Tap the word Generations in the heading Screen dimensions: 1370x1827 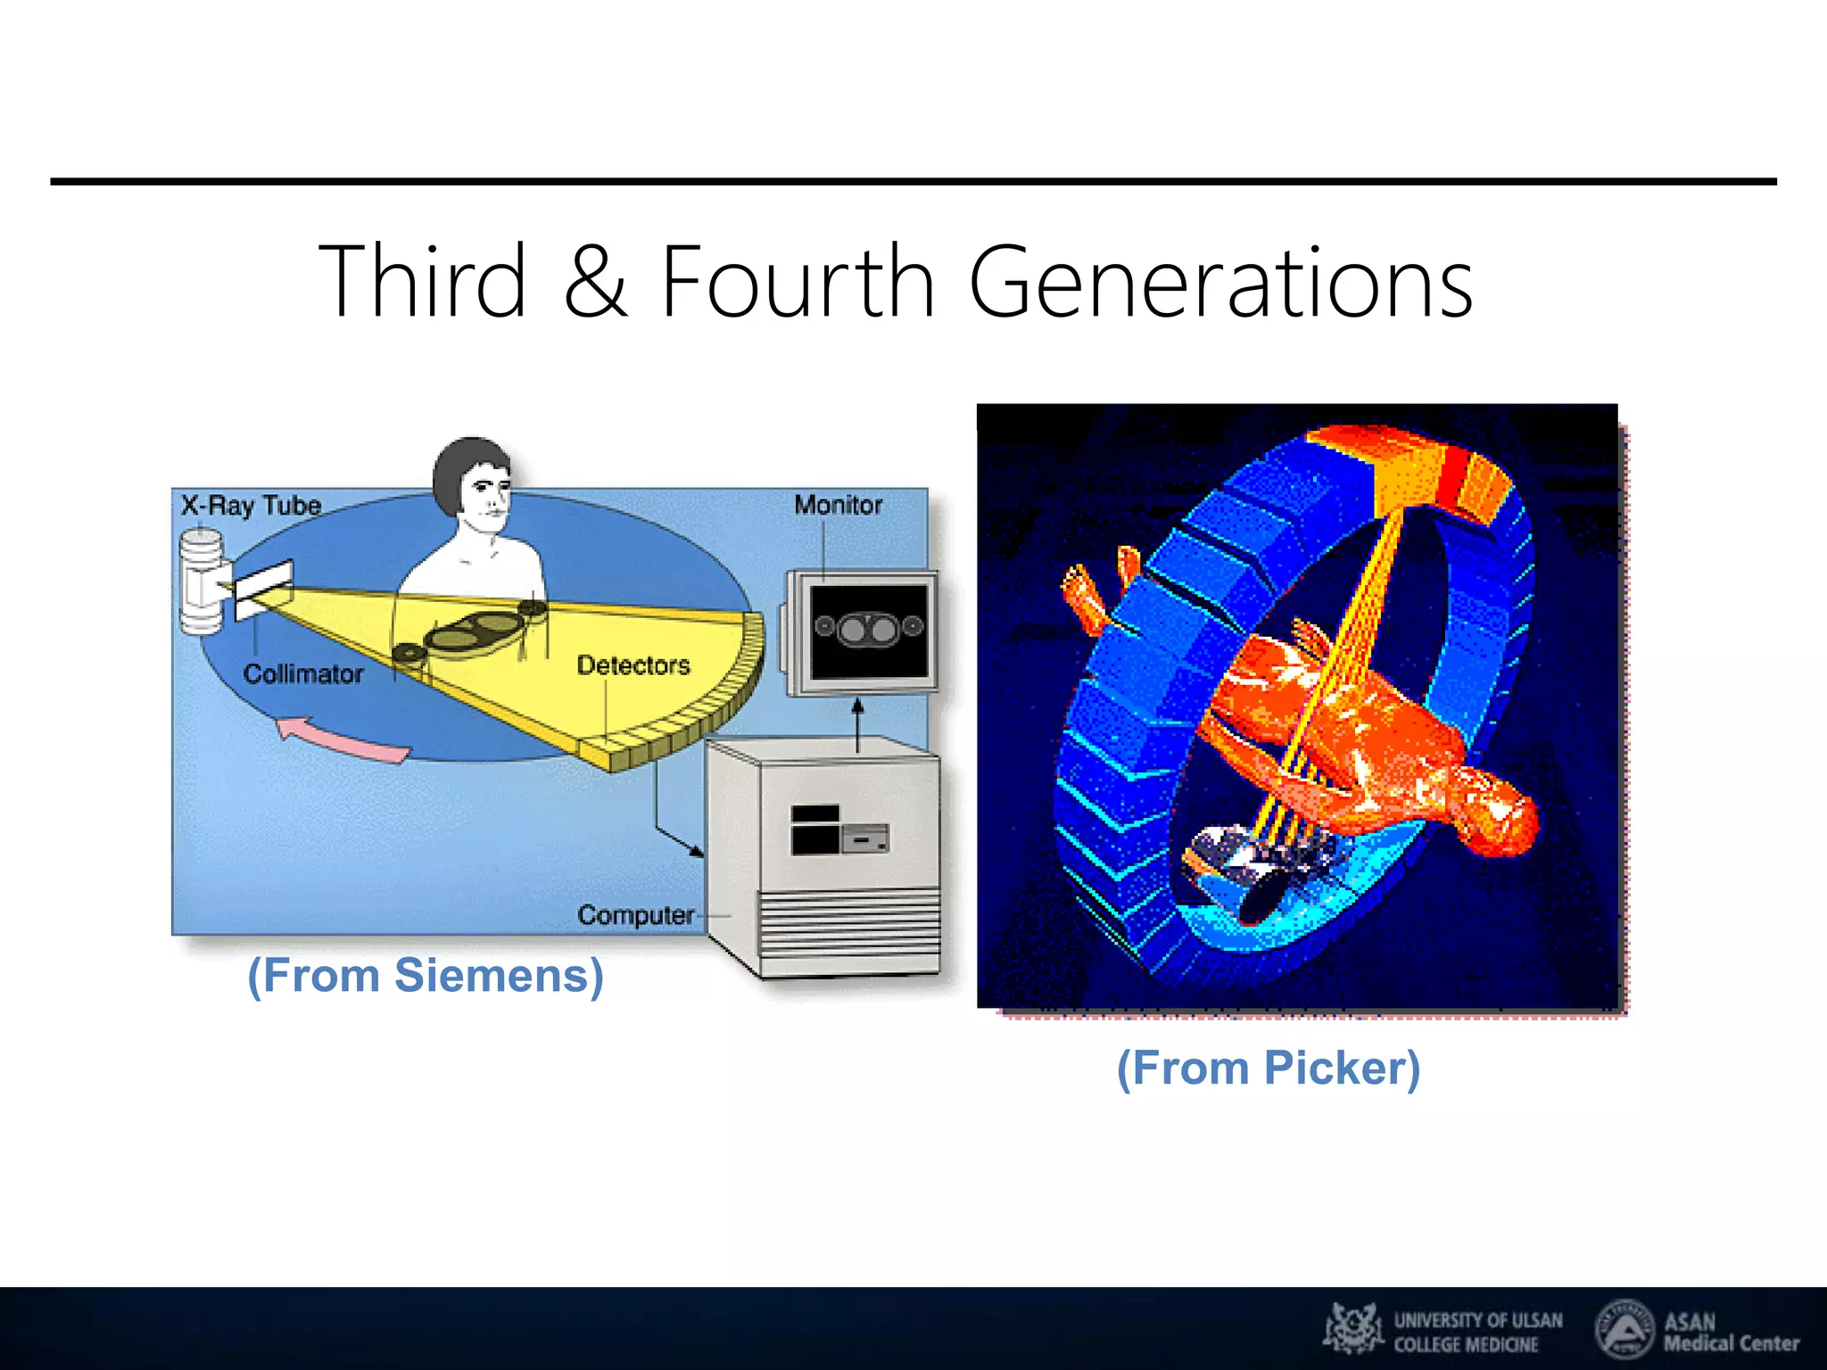tap(1220, 283)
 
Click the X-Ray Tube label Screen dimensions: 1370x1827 tap(251, 506)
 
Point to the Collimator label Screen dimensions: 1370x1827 tap(303, 673)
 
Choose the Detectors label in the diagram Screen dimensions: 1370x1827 tap(633, 665)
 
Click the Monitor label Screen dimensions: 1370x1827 tap(838, 505)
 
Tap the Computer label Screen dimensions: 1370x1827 tap(635, 915)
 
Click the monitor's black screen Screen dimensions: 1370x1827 tap(869, 630)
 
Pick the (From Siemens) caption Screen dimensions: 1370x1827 tap(426, 975)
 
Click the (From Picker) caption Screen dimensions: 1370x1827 tap(1268, 1068)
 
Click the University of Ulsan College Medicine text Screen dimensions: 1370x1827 tap(1477, 1332)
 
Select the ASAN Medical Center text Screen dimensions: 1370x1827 tap(1731, 1332)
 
